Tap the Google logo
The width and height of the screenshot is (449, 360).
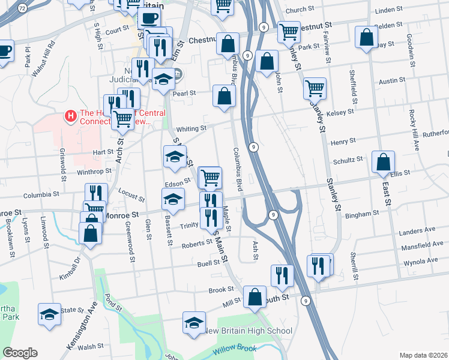click(x=20, y=353)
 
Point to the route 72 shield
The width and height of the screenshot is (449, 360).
click(x=22, y=8)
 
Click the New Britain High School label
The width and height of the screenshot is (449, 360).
click(x=249, y=331)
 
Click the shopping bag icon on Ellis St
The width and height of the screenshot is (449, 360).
click(x=383, y=161)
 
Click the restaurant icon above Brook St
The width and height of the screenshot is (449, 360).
click(x=282, y=275)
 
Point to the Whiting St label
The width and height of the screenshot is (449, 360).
click(x=191, y=128)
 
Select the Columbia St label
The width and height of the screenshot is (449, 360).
click(x=41, y=195)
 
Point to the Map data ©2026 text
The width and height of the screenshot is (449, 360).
click(x=423, y=355)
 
